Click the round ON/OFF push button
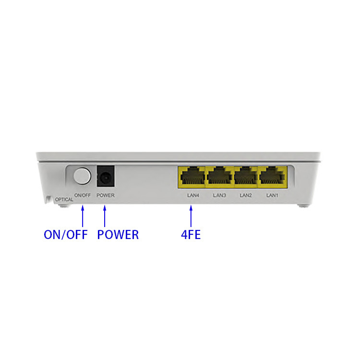[82, 176]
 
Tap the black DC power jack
[106, 176]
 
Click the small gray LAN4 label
[193, 195]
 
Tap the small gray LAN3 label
[219, 195]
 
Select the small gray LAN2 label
[246, 195]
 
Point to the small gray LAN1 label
[272, 195]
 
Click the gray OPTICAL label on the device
[64, 200]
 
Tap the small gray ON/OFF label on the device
[83, 195]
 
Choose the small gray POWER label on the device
[106, 195]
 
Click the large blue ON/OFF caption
[66, 235]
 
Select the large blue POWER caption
[118, 235]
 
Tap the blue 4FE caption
[191, 235]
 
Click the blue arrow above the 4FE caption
[191, 216]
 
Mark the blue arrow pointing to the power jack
[105, 216]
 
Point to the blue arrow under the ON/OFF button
[83, 216]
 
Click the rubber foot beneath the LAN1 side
[303, 206]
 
